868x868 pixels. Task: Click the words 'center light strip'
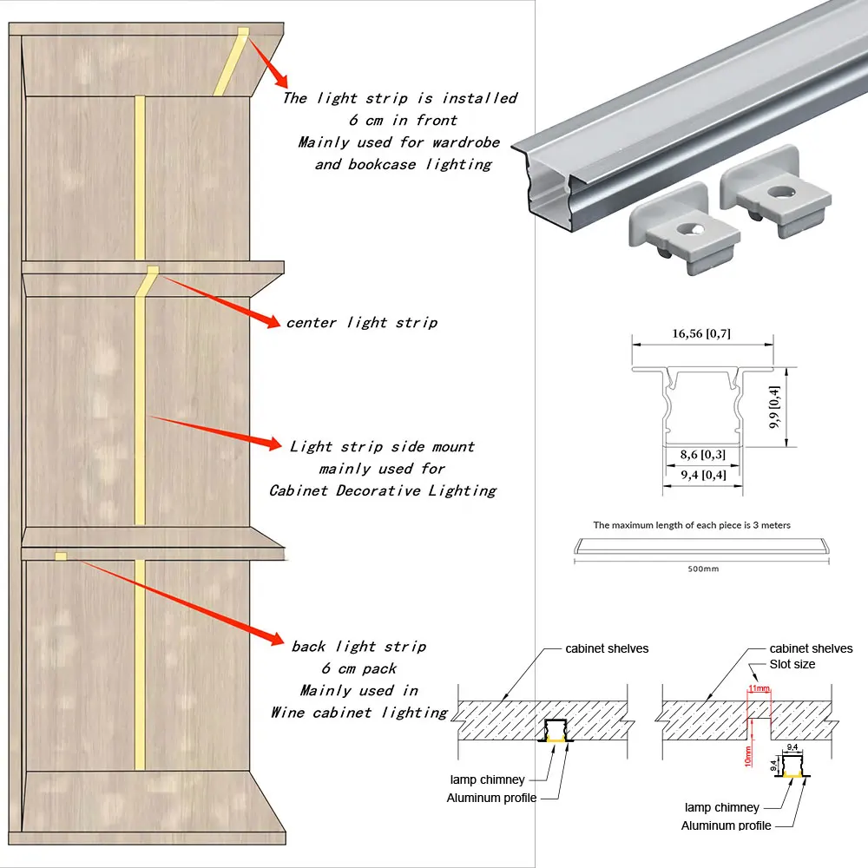pyautogui.click(x=362, y=323)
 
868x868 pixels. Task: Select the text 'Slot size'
pyautogui.click(x=792, y=664)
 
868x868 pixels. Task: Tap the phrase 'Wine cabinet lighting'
pyautogui.click(x=359, y=713)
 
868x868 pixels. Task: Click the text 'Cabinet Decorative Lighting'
pyautogui.click(x=383, y=490)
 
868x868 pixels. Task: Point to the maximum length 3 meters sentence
pyautogui.click(x=692, y=525)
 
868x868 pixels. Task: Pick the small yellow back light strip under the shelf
pyautogui.click(x=61, y=556)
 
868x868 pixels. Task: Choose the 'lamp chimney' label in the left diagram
pyautogui.click(x=487, y=780)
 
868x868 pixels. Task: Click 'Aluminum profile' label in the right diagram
pyautogui.click(x=726, y=825)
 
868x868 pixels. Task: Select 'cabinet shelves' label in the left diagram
pyautogui.click(x=607, y=648)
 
